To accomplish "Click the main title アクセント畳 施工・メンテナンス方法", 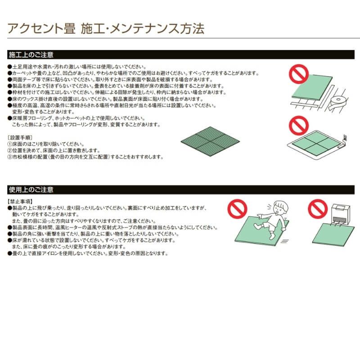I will pos(106,29).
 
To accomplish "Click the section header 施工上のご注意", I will pos(31,55).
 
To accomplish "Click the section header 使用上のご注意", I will pos(31,189).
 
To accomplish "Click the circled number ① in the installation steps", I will pos(10,144).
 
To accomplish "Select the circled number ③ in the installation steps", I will pos(10,157).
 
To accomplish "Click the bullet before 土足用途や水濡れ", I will pos(10,67).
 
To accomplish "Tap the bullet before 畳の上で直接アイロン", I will pos(10,253).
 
